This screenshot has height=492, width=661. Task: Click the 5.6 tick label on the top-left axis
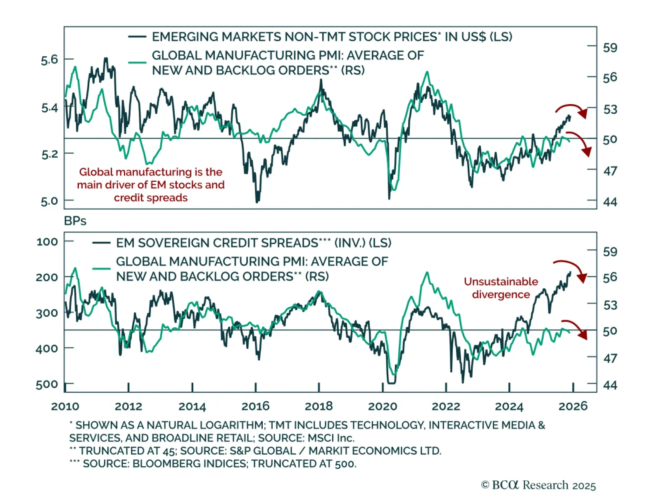(50, 60)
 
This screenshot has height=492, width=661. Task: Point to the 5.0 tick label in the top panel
(50, 201)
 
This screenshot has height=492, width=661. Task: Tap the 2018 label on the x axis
(319, 406)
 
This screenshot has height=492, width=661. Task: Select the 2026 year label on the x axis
(573, 406)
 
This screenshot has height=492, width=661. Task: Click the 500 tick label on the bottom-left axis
(47, 385)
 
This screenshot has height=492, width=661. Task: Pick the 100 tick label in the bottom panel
(47, 242)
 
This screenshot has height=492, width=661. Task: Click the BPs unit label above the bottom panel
(75, 221)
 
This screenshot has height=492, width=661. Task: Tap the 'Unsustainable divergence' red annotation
(501, 288)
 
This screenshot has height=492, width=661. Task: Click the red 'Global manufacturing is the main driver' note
(151, 185)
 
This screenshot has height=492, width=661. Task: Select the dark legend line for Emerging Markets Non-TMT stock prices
(137, 37)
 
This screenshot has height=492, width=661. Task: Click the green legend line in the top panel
(137, 62)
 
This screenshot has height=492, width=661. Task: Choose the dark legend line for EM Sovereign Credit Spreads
(101, 243)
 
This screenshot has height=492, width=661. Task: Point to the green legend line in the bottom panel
(101, 269)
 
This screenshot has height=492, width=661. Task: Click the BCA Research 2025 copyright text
(538, 485)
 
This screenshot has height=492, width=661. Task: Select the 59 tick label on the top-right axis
(610, 48)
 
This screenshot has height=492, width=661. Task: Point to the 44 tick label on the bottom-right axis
(610, 385)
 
